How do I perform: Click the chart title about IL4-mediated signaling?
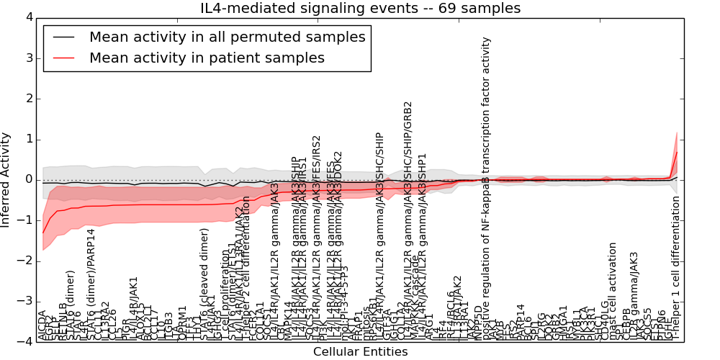[x=360, y=9]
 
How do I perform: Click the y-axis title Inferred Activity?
[x=6, y=179]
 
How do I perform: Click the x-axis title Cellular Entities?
[x=360, y=352]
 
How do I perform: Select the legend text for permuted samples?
[x=227, y=37]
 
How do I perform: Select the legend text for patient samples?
[x=207, y=58]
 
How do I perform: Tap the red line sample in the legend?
[x=63, y=58]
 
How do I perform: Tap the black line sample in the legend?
[x=63, y=37]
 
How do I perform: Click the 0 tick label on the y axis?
[x=29, y=180]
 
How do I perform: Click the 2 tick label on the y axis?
[x=29, y=99]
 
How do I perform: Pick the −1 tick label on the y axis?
[x=26, y=220]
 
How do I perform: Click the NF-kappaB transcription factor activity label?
[x=486, y=187]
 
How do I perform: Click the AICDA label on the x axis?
[x=42, y=325]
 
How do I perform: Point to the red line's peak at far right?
[x=677, y=151]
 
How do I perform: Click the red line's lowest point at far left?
[x=42, y=233]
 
